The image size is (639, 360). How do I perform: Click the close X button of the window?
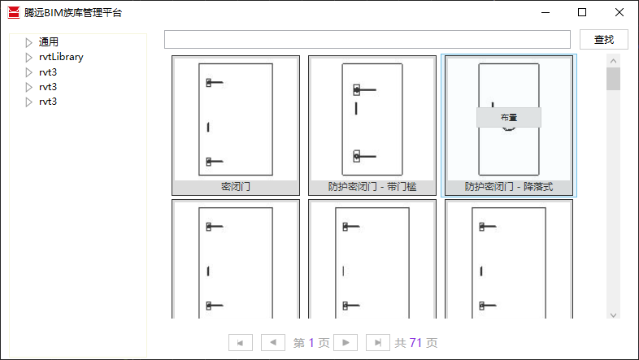click(x=619, y=12)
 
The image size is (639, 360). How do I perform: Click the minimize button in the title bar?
click(x=545, y=12)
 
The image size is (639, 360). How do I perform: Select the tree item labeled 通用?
click(x=49, y=42)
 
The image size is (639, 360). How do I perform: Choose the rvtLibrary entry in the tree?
click(x=61, y=57)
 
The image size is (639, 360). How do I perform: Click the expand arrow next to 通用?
click(x=28, y=42)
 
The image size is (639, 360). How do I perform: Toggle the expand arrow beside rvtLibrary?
click(x=28, y=58)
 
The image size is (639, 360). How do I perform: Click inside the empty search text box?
click(x=367, y=40)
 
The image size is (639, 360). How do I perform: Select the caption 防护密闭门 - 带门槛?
click(x=372, y=186)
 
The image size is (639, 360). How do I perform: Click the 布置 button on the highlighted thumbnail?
click(x=508, y=117)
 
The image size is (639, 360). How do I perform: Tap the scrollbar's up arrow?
click(x=614, y=61)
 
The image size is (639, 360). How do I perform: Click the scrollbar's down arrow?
click(x=614, y=314)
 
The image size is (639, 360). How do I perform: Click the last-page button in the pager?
click(x=376, y=343)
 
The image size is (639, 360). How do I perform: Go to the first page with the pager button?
click(x=240, y=343)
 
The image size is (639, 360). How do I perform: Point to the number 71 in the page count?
click(x=415, y=343)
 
